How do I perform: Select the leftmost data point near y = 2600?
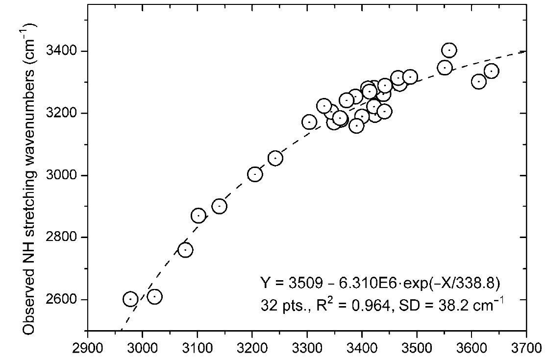130,299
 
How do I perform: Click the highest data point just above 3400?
449,50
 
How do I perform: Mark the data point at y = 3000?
255,174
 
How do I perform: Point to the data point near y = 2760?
185,250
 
